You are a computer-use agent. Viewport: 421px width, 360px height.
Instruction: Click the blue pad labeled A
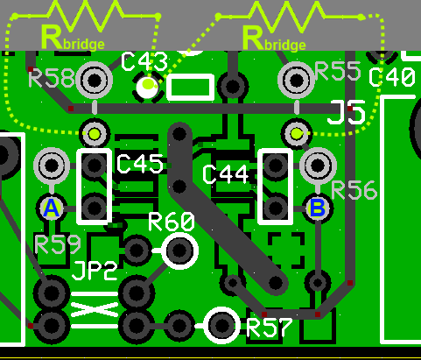(x=52, y=208)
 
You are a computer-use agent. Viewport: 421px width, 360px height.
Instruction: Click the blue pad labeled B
(x=316, y=208)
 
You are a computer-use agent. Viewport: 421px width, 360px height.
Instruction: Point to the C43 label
(x=144, y=61)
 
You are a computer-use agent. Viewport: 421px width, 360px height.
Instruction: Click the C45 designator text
(x=139, y=164)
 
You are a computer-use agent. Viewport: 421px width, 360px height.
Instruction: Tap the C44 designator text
(x=226, y=174)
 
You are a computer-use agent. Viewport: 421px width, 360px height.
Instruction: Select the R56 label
(x=354, y=190)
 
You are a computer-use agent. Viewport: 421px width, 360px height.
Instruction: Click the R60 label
(x=172, y=221)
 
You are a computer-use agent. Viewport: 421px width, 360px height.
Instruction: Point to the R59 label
(x=57, y=244)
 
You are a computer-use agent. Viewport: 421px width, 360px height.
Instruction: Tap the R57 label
(x=271, y=328)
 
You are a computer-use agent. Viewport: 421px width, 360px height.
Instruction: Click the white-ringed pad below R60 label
(x=180, y=251)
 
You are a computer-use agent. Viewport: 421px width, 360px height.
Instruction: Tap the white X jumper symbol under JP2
(x=94, y=309)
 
